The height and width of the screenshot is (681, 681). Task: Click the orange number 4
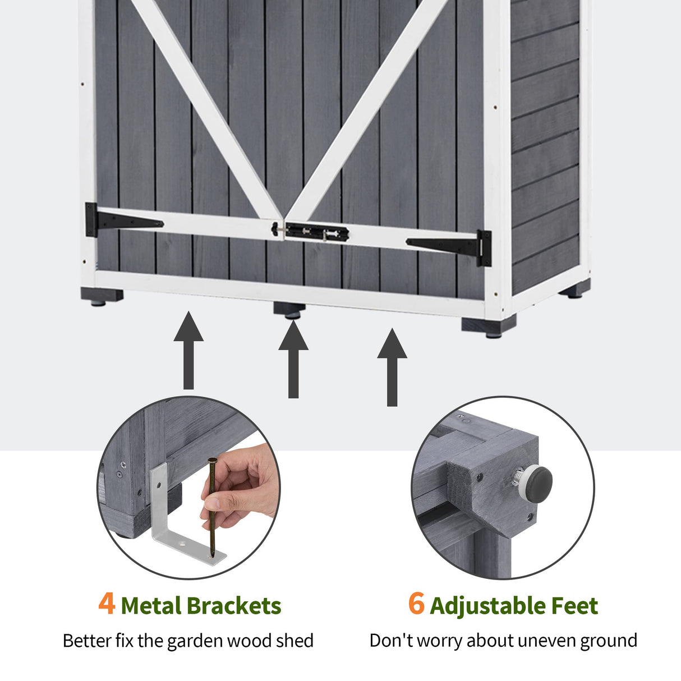coord(107,604)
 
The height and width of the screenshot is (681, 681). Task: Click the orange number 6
coord(416,604)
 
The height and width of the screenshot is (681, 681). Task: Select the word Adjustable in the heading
coord(487,606)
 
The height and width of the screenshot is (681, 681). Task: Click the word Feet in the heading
coord(574,606)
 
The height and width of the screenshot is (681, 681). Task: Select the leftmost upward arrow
coord(188,350)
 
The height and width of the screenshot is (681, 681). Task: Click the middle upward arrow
coord(293,360)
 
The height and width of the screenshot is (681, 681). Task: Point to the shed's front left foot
coord(102,297)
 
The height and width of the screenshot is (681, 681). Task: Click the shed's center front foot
coord(289,310)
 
